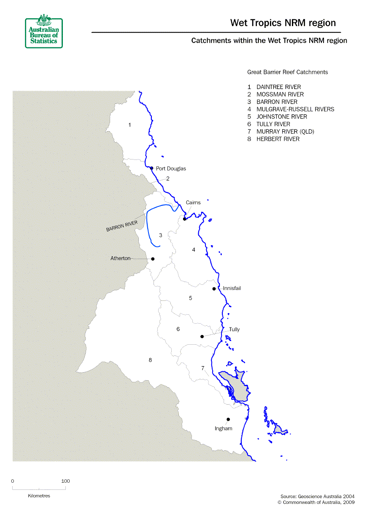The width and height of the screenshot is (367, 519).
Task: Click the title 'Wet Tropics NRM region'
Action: (283, 23)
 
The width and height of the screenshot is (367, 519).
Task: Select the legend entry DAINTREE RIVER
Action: (278, 87)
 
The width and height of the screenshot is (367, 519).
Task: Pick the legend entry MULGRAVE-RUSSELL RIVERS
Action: (295, 109)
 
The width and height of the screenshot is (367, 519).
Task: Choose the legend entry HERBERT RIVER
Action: (278, 139)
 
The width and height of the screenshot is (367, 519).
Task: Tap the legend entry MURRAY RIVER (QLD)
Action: (285, 132)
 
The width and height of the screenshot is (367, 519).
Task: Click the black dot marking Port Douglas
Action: (151, 168)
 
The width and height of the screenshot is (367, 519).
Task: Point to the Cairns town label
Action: (193, 203)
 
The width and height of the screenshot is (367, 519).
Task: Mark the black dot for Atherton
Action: (153, 259)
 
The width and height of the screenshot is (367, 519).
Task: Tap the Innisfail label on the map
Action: (232, 288)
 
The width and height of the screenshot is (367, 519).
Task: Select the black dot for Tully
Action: (202, 336)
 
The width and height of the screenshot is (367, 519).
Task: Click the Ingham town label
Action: (224, 428)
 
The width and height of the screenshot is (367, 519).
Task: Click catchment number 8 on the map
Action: (150, 360)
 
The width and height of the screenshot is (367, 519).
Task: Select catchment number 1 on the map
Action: (130, 125)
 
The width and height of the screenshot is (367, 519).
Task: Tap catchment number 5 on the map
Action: (190, 298)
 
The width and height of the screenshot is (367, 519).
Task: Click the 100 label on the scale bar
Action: (65, 481)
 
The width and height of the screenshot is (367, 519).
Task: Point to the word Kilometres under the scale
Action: (39, 496)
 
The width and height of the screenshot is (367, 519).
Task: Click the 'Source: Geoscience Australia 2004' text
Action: (317, 496)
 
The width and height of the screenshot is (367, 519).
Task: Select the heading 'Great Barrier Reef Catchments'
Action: (287, 72)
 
